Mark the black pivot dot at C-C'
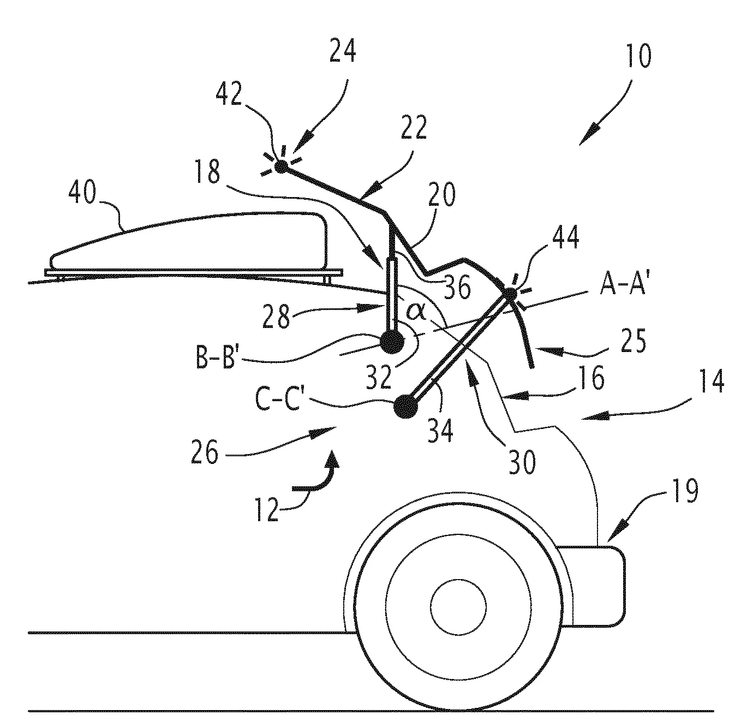click(405, 407)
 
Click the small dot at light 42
click(281, 166)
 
